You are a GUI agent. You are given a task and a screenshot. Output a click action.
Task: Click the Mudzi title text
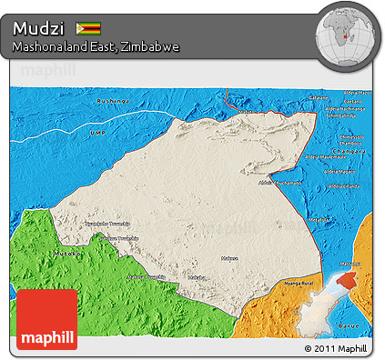tap(38, 28)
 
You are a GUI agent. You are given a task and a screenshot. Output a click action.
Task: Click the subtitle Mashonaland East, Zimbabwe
tap(95, 45)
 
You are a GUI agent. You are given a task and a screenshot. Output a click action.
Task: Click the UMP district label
tap(97, 133)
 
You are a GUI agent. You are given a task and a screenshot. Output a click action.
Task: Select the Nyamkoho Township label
tap(106, 224)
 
